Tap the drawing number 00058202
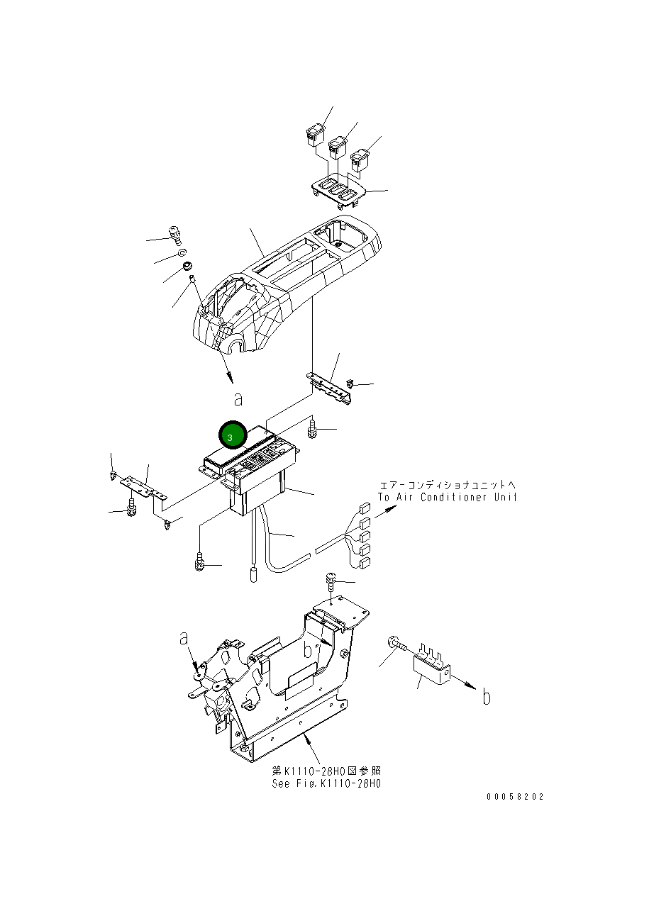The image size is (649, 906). (x=515, y=796)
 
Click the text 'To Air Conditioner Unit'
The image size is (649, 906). (x=448, y=497)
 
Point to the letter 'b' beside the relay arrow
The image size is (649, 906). (x=487, y=698)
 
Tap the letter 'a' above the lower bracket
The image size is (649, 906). (x=184, y=638)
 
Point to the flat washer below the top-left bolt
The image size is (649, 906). (x=181, y=252)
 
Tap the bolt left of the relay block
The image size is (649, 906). (x=396, y=644)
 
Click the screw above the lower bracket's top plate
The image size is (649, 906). (x=331, y=581)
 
